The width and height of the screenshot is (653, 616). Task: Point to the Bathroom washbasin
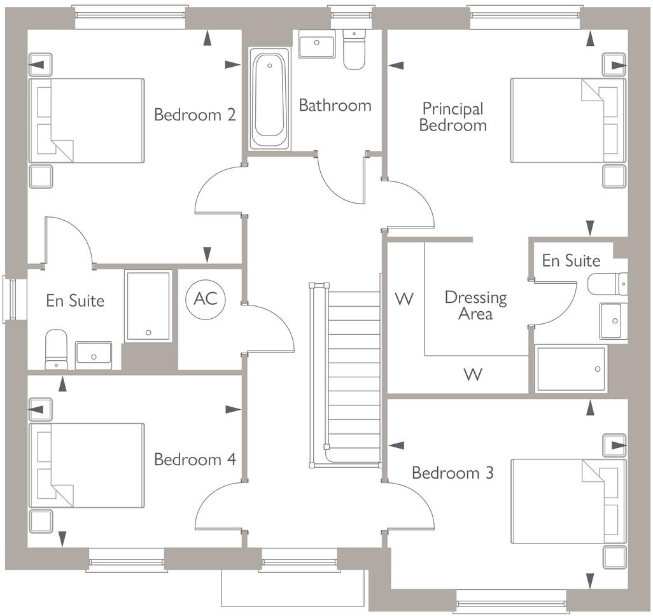316,46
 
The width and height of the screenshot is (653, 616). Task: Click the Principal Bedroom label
453,117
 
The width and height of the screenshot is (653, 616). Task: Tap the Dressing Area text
475,305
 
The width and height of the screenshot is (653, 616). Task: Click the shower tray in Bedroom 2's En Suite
148,305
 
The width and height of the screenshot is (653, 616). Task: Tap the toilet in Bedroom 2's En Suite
56,349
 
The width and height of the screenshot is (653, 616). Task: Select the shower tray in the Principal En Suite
571,368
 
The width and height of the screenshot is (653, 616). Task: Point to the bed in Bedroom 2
86,120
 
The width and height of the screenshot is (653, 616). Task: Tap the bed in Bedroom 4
86,465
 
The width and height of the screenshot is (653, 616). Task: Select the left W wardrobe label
404,298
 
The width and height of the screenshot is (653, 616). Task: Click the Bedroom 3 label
453,473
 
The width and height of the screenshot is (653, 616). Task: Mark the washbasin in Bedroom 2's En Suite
93,354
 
